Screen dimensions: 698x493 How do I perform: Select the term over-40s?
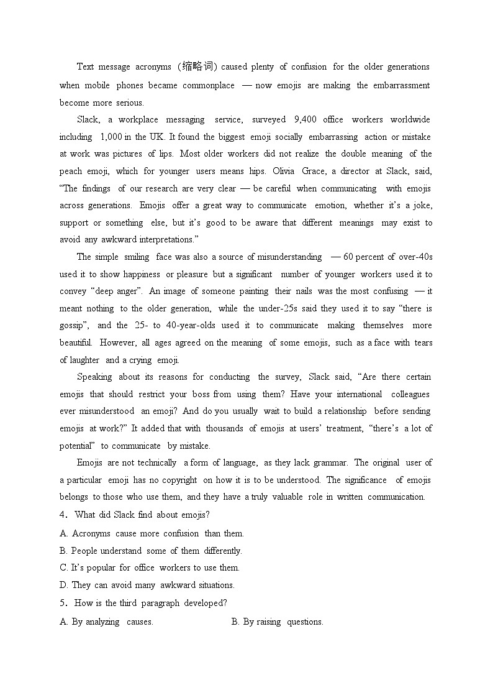click(x=414, y=257)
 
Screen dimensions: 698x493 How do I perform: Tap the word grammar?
click(x=332, y=462)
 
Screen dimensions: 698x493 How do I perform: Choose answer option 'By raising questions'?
click(x=277, y=622)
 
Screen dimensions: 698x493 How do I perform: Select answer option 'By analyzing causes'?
click(x=106, y=622)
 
